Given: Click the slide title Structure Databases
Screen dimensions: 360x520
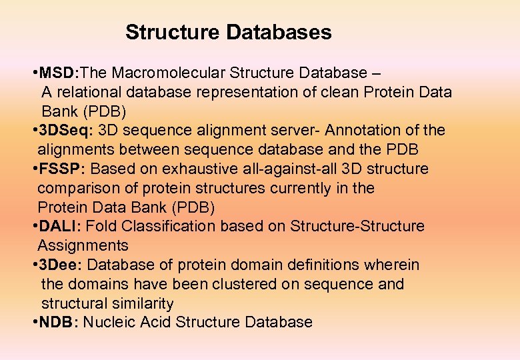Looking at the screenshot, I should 228,32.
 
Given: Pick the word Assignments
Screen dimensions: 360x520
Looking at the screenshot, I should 83,246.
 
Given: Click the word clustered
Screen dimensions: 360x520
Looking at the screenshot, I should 241,285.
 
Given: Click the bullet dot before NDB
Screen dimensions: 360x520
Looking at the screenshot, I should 33,323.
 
